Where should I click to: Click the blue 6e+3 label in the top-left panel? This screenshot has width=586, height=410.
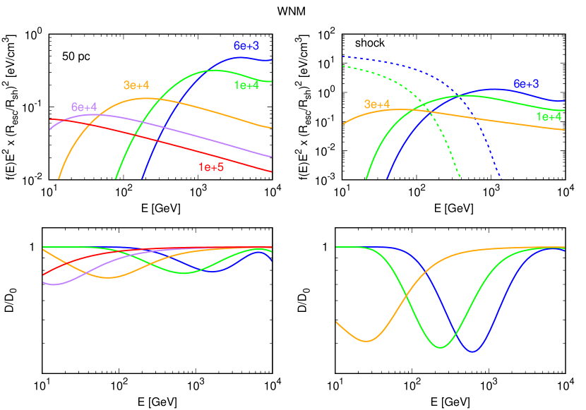tap(246, 46)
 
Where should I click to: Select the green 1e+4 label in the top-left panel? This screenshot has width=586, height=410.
tap(246, 85)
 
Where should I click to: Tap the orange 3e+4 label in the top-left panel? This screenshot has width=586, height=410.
tap(136, 85)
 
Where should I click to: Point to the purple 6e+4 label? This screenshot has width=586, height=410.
tap(84, 107)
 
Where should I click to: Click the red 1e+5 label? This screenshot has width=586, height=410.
tap(211, 167)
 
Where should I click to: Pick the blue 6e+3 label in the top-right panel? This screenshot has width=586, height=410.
tap(526, 84)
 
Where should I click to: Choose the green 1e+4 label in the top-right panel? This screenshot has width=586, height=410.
tap(549, 116)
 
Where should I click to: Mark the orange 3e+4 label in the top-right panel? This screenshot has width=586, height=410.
tap(377, 104)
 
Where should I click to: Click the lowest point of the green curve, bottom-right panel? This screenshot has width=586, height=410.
tap(441, 347)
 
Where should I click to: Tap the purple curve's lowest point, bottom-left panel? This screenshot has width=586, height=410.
tap(51, 284)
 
